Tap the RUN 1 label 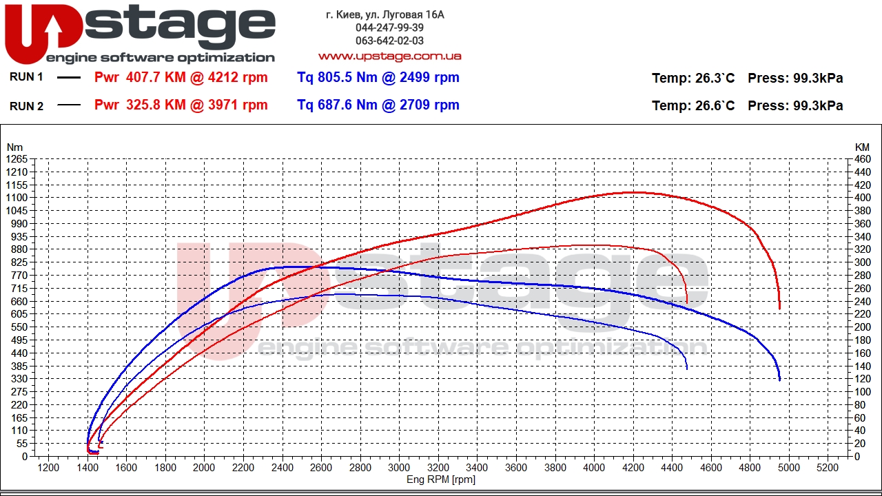point(26,77)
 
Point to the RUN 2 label point(26,106)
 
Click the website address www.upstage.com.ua point(389,56)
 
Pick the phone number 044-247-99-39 point(389,28)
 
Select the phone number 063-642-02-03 point(389,41)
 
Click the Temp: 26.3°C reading point(693,79)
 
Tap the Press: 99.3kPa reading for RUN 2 point(795,106)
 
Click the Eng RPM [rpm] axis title point(441,480)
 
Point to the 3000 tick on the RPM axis point(399,468)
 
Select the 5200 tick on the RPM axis point(828,468)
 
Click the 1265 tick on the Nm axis point(17,160)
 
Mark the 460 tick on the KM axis point(862,160)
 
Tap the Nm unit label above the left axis point(14,147)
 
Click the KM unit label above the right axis point(862,147)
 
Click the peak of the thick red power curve point(634,192)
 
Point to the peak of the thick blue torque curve point(293,267)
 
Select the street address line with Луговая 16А point(384,14)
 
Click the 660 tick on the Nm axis point(19,301)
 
